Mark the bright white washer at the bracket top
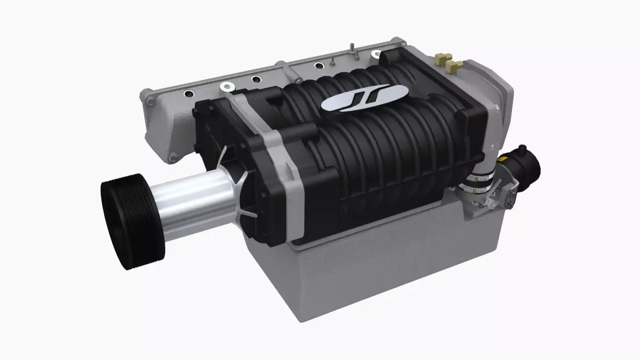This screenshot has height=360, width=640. [x=228, y=87]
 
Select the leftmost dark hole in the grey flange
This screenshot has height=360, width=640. [x=188, y=93]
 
